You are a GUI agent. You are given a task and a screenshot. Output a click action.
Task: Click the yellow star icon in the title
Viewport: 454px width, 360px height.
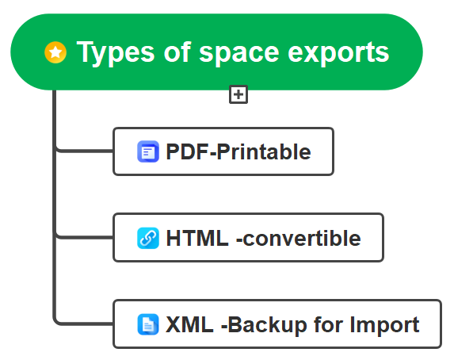[x=55, y=53]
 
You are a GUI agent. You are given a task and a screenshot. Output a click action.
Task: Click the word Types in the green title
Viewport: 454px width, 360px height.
[x=110, y=52]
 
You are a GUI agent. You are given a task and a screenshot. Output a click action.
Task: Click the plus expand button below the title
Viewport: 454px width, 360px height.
[x=238, y=95]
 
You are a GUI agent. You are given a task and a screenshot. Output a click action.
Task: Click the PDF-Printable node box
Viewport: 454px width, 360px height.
[x=223, y=151]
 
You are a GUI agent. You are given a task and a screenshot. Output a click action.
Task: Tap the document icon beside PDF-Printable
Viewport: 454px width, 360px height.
[x=148, y=151]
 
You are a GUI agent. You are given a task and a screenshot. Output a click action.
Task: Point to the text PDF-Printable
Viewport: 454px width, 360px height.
[x=238, y=151]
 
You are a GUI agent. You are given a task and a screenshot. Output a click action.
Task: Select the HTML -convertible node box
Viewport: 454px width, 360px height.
[x=248, y=237]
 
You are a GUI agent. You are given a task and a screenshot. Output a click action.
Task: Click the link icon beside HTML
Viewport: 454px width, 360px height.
[x=148, y=238]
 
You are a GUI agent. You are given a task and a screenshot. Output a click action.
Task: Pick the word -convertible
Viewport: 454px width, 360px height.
[x=299, y=238]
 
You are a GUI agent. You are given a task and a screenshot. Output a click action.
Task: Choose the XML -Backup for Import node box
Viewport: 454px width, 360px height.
[x=277, y=324]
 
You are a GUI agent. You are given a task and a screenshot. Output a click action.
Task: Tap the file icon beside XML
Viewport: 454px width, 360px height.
[x=148, y=324]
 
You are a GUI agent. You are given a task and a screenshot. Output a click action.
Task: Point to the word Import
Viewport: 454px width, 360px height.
[x=388, y=324]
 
